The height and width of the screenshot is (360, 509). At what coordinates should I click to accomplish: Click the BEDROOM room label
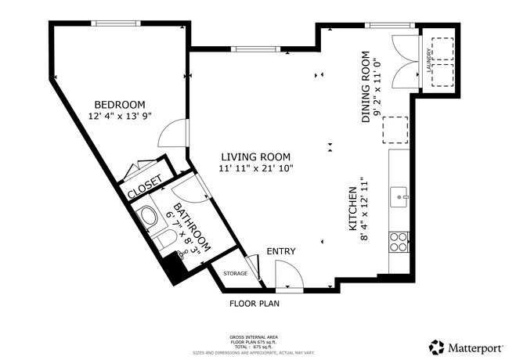tap(120, 105)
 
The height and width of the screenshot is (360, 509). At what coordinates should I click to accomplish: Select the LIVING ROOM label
tap(255, 157)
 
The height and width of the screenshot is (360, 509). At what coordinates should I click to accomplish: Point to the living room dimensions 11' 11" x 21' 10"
tap(255, 168)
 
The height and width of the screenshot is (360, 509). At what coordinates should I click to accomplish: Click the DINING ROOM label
tap(366, 87)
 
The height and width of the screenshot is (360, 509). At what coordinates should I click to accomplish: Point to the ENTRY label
tap(281, 251)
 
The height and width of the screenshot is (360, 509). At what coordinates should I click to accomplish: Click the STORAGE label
tap(235, 273)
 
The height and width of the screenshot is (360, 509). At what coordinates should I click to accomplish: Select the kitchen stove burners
tap(400, 242)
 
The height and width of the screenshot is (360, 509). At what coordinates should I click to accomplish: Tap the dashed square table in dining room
tap(395, 129)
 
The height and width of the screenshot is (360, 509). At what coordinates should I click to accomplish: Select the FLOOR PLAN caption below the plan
tap(254, 303)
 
